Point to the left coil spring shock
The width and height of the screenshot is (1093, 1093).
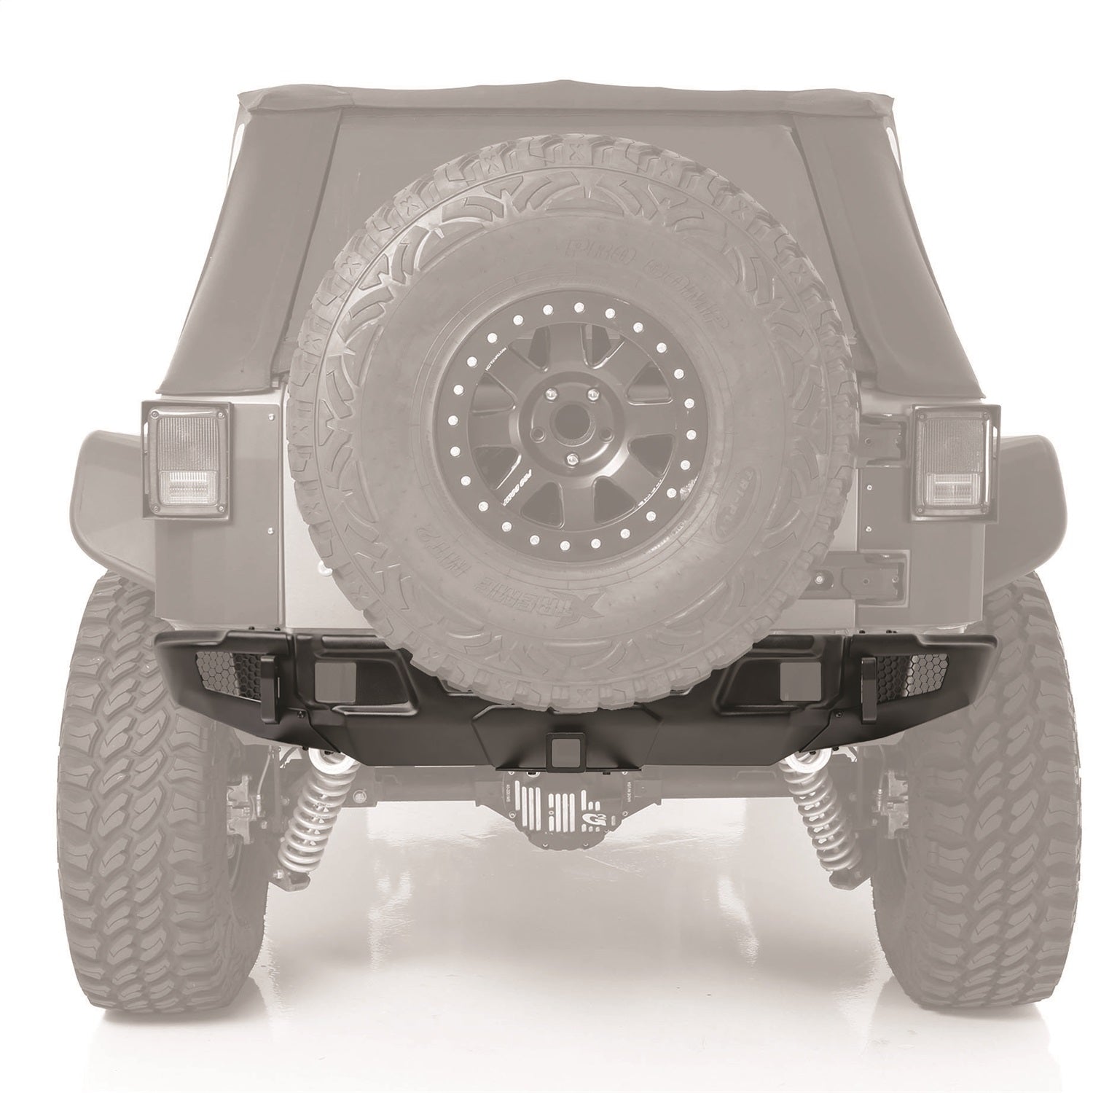pyautogui.click(x=317, y=816)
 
